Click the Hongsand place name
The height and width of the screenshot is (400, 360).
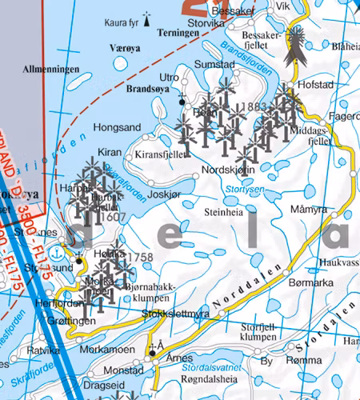[x=117, y=126]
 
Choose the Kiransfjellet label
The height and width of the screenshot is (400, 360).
[x=162, y=153]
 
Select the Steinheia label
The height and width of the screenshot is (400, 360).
[x=224, y=213]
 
